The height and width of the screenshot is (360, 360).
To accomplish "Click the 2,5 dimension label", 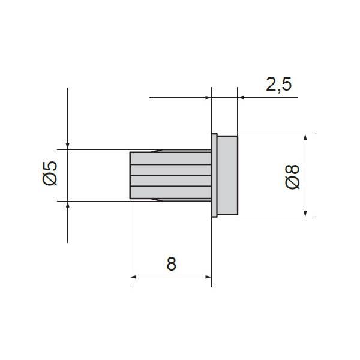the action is coord(279,84).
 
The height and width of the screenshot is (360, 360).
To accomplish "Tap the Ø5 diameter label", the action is coord(50,173).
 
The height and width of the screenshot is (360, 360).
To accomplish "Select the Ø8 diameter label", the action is coord(292,177).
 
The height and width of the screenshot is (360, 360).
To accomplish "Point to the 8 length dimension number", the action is coord(171,264).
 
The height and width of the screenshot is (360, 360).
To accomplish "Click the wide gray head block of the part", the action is coord(227,175).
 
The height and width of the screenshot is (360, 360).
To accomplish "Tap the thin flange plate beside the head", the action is coord(214,175).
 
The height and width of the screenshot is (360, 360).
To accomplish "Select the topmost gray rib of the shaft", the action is coord(170,158).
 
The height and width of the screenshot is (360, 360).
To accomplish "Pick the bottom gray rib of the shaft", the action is coord(170,193).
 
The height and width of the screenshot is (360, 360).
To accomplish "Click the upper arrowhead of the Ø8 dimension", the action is coord(305,137).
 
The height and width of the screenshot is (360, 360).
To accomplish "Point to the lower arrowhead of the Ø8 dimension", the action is coord(305,214).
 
